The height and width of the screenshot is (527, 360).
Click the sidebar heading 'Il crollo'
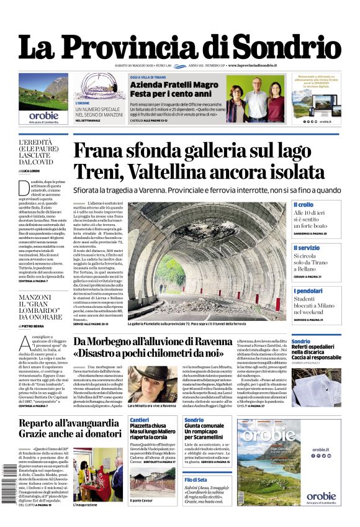[x=304, y=204]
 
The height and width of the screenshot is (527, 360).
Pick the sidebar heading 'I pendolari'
[x=308, y=291]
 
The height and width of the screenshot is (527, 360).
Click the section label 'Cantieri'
[x=140, y=420]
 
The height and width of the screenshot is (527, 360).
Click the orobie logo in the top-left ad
[x=43, y=115]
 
